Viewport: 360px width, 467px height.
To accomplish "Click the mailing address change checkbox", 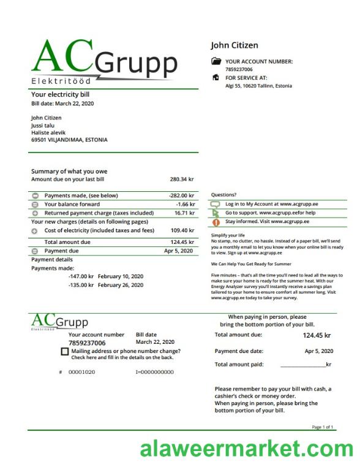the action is pos(65,351).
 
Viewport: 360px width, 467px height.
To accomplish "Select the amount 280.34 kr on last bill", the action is pos(181,180).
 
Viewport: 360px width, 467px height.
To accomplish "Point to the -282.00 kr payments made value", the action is pos(181,196).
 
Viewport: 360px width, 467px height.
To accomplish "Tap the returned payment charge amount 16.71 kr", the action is pos(184,213).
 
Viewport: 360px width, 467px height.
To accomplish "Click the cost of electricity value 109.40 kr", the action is pos(182,230).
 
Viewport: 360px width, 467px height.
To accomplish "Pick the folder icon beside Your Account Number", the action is pos(216,61).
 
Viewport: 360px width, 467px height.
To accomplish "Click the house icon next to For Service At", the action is pos(216,78).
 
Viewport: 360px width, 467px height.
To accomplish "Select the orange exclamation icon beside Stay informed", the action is pos(216,222).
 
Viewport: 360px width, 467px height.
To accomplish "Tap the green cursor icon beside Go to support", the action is pos(216,213).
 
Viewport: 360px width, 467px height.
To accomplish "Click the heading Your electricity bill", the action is pos(60,95).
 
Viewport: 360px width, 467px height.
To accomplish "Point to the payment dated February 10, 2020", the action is pos(120,276).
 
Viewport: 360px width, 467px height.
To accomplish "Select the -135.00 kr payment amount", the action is pos(81,285).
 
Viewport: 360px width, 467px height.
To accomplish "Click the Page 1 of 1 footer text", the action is pos(323,427).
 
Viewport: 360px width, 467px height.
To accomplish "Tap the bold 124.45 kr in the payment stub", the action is pos(317,335).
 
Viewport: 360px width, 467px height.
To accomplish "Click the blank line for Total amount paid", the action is pos(303,365).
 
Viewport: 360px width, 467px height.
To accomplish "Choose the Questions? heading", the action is pos(223,195).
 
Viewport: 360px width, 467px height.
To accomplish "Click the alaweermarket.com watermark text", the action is pos(246,450).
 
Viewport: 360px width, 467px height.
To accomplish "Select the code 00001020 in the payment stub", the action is pos(81,372).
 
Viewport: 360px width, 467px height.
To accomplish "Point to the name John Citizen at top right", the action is pos(234,45).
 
